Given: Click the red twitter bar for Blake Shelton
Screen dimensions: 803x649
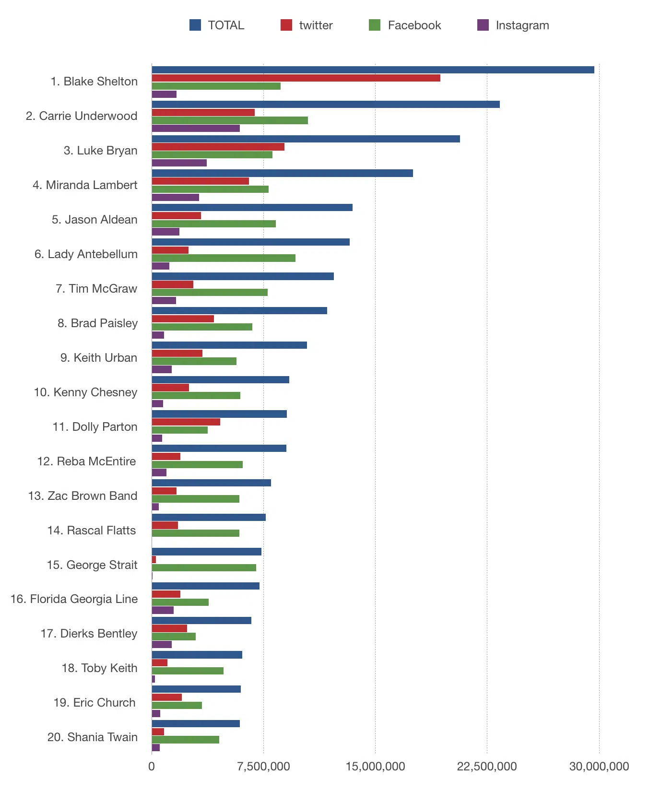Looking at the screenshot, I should [295, 78].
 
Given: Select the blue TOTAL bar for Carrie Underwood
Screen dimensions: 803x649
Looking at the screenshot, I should [325, 105].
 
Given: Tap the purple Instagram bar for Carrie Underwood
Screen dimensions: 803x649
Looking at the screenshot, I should [195, 129].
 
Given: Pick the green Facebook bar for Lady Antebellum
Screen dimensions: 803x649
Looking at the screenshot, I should [223, 258].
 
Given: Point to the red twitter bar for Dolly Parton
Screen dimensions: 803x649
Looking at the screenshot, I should [186, 422].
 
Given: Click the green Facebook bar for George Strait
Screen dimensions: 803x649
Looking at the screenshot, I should [203, 568].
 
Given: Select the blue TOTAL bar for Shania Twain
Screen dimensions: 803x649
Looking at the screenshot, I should [195, 724].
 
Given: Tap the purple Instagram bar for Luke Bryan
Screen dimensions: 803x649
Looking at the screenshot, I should [179, 163].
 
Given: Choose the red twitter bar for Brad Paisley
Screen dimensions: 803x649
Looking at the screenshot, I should [182, 319].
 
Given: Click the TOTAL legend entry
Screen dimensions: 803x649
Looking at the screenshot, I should [217, 25].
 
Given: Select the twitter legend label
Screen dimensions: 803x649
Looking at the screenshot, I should [315, 25].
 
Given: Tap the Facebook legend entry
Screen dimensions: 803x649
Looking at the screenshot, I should [405, 25].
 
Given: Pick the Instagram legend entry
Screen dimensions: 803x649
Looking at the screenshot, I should [513, 25].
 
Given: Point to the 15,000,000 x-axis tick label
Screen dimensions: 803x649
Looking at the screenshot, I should [375, 767].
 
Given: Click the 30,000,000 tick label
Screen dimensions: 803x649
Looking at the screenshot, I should [599, 767].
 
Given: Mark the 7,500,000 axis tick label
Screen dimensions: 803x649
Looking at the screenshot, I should [263, 767].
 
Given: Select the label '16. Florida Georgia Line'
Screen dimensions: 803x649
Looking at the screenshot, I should [74, 599].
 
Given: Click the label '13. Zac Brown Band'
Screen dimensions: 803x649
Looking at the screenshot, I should [83, 496].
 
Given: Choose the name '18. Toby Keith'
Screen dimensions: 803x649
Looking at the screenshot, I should [99, 668].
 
